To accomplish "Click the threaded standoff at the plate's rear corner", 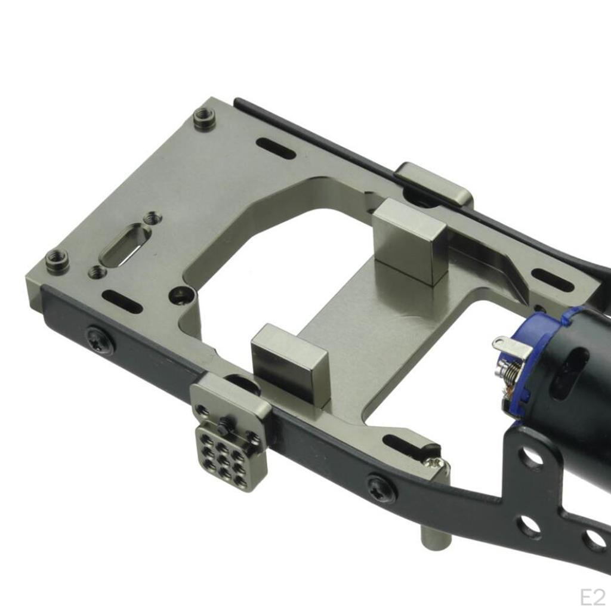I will coord(205,119).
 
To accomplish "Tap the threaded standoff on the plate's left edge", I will coord(57,260).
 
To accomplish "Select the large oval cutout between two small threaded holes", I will coord(125,243).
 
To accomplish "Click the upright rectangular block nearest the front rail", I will coord(290,362).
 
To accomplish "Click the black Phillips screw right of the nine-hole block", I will coord(382,487).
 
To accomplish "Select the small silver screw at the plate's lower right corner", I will coord(436,462).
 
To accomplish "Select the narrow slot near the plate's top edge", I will coord(276,148).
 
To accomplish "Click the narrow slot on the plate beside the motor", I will coord(553,280).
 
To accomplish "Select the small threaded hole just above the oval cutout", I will coord(152,218).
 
